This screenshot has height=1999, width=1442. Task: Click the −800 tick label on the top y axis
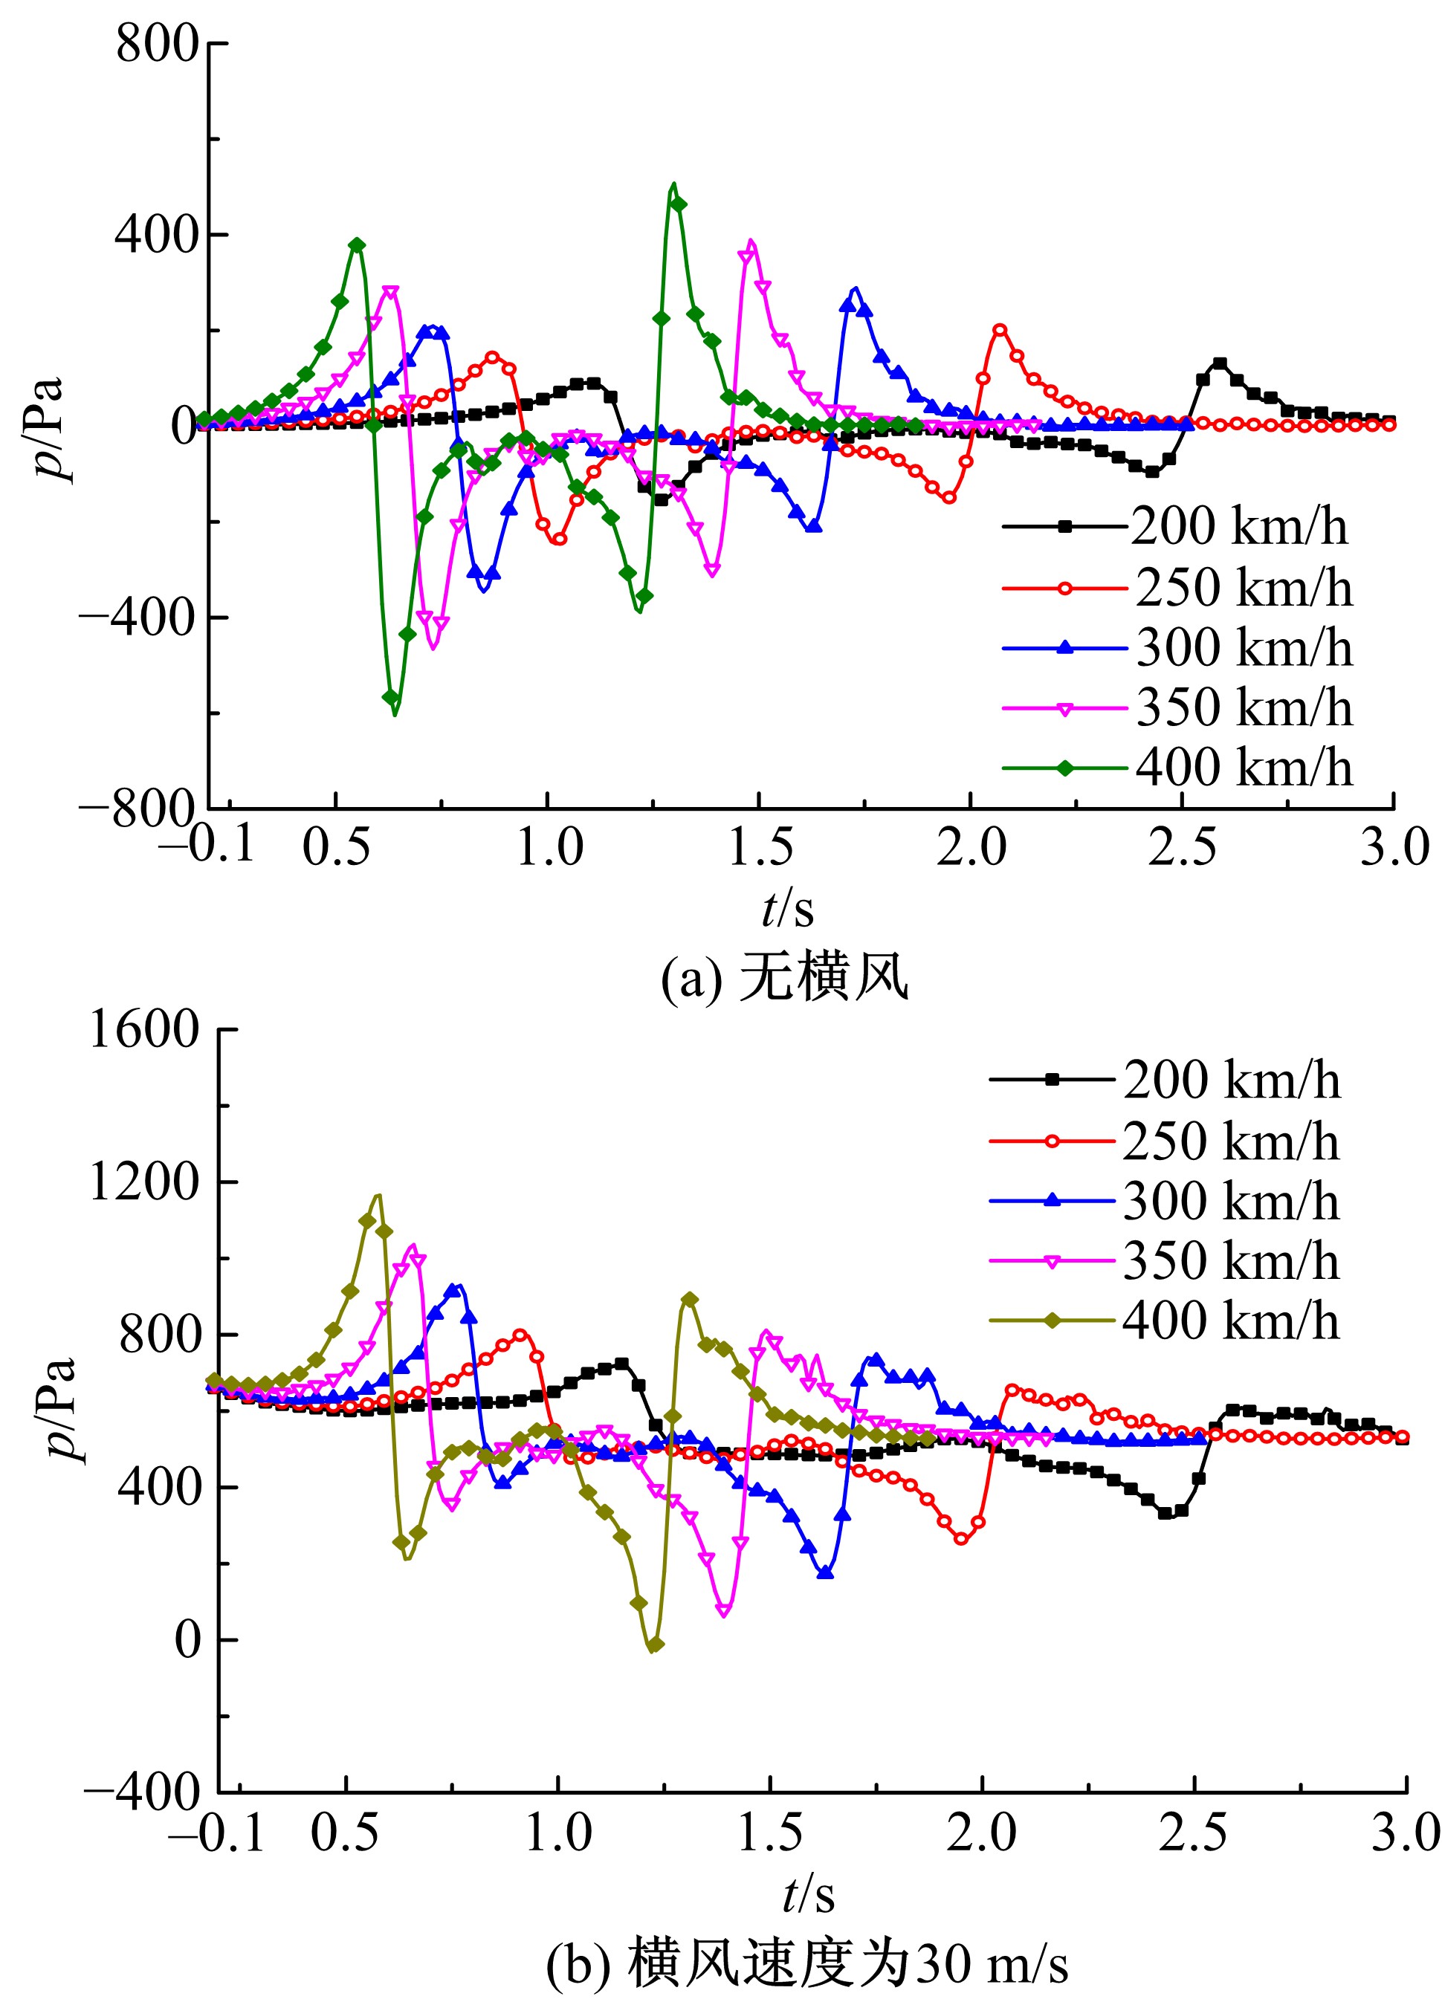coord(137,809)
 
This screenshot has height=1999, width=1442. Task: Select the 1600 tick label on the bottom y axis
coord(144,1028)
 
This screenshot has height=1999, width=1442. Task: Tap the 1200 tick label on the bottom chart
coord(144,1181)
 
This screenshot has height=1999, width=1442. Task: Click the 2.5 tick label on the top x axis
coord(1181,848)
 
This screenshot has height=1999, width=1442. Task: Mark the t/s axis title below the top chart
coord(787,909)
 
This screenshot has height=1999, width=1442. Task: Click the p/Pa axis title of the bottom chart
coord(60,1410)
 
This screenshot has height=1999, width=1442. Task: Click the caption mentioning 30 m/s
coord(806,1965)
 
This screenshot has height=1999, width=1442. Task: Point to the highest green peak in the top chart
coord(674,184)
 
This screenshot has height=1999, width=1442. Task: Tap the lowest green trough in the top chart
coord(394,714)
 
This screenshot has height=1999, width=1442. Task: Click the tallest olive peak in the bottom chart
coord(378,1196)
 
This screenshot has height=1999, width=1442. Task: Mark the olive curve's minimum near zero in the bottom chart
coord(653,1647)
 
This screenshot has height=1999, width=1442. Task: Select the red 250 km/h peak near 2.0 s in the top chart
coord(1000,328)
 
